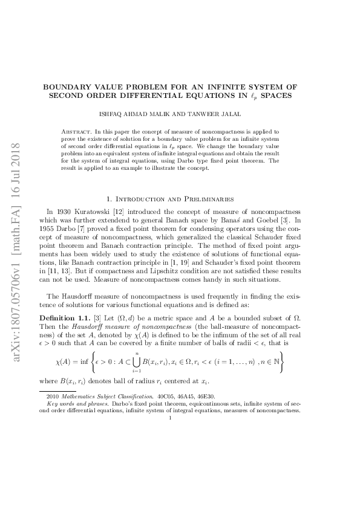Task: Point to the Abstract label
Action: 77,131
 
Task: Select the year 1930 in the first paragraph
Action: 66,211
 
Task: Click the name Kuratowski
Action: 99,211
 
